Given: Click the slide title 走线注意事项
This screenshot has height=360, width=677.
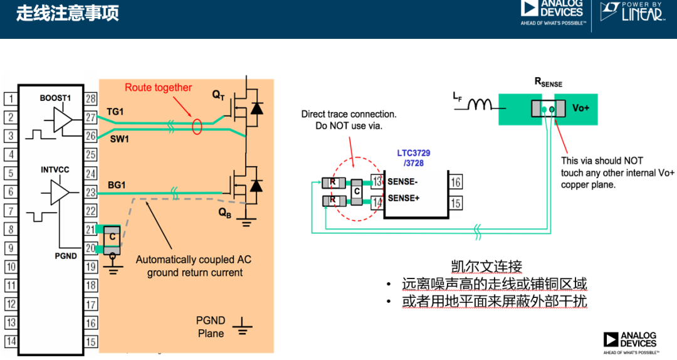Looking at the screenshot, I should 68,13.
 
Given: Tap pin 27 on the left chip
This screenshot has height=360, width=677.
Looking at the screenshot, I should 91,117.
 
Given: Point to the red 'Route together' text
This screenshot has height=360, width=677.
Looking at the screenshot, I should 158,88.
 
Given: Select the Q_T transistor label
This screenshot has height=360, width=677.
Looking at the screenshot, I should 218,95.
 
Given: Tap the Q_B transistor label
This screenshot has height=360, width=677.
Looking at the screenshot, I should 224,213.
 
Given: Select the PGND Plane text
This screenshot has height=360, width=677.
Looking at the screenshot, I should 211,327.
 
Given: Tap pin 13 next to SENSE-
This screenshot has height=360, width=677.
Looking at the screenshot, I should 377,181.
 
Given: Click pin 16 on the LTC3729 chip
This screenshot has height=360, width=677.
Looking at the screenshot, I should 456,182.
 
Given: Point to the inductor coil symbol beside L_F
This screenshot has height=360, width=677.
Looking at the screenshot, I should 480,105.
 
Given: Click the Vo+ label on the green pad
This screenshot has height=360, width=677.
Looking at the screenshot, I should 580,108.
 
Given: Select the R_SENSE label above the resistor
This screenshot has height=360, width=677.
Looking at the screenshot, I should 548,82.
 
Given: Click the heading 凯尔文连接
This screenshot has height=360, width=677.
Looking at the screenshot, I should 486,266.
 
